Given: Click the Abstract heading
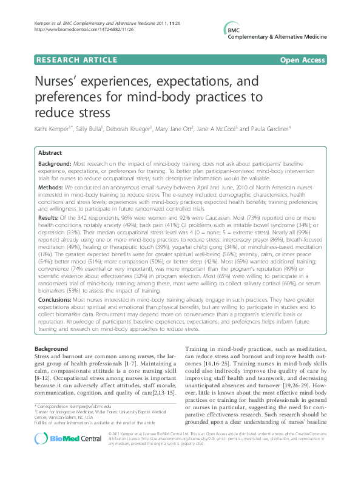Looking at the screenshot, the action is (x=51, y=154).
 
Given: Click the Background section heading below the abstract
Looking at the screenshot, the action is (x=52, y=349).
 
